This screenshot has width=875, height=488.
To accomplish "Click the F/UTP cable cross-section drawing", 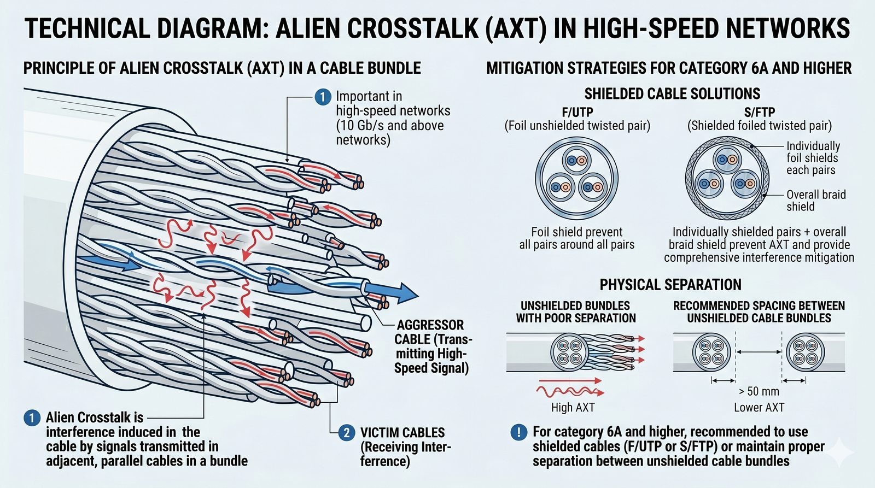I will click(x=577, y=178).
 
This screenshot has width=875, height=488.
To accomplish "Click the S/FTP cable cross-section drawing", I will click(x=727, y=178).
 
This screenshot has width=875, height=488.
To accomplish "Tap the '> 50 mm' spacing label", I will click(x=759, y=391).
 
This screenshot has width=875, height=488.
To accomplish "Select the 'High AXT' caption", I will click(x=573, y=407).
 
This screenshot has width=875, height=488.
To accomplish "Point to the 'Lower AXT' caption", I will click(x=759, y=407).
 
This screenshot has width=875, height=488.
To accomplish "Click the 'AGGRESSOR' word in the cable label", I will click(x=430, y=325).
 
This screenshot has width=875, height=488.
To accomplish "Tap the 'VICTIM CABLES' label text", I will click(x=402, y=433).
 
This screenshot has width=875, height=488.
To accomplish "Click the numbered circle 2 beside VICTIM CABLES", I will click(x=346, y=433).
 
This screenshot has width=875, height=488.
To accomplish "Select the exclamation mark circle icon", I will click(x=518, y=432).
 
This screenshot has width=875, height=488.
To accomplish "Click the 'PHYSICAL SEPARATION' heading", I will click(x=670, y=285).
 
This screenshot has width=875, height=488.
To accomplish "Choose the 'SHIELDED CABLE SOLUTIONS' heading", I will click(x=672, y=94).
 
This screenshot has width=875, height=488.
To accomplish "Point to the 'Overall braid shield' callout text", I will click(x=815, y=201).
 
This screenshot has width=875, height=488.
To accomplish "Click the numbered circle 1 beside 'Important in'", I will click(x=323, y=97).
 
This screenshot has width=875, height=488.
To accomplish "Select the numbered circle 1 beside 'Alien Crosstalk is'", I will click(x=32, y=418).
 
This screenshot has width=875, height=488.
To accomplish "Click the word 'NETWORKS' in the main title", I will click(x=777, y=28).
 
